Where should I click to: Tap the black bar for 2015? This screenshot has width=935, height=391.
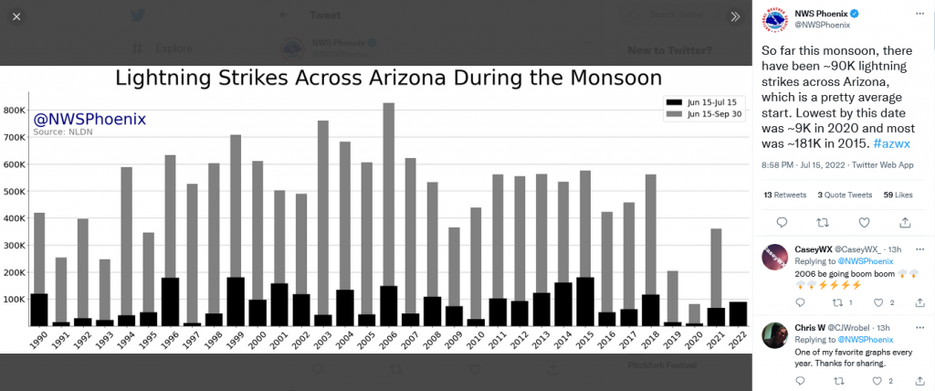[585, 301]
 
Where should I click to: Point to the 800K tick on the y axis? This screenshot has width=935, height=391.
[16, 110]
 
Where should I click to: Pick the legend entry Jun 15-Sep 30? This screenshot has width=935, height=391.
[712, 114]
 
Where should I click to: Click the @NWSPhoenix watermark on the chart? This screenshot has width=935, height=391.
[89, 120]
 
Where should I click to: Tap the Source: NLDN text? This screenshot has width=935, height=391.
[63, 132]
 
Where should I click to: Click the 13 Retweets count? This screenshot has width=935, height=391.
[786, 195]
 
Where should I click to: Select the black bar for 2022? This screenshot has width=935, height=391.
[739, 313]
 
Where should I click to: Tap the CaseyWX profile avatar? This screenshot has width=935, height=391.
[775, 257]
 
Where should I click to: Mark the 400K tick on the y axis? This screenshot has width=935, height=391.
[16, 218]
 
